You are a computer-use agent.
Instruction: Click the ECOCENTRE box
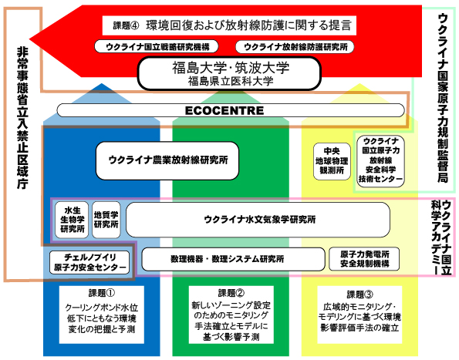pyautogui.click(x=231, y=110)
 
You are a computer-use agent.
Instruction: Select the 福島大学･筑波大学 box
pyautogui.click(x=229, y=73)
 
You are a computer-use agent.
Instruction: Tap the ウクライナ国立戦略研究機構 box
pyautogui.click(x=157, y=46)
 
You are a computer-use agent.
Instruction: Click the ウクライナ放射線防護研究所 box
pyautogui.click(x=295, y=46)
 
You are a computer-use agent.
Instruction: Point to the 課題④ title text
pyautogui.click(x=229, y=25)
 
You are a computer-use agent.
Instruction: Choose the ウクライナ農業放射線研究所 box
pyautogui.click(x=167, y=160)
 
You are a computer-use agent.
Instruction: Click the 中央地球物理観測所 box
pyautogui.click(x=332, y=161)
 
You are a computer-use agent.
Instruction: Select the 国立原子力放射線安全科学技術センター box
pyautogui.click(x=380, y=161)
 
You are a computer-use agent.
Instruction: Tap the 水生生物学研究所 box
pyautogui.click(x=72, y=220)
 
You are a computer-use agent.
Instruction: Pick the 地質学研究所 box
pyautogui.click(x=106, y=220)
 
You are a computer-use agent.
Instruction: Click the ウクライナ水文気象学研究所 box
pyautogui.click(x=258, y=220)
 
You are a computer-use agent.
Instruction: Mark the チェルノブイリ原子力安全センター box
pyautogui.click(x=89, y=262)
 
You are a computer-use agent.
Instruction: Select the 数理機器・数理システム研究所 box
pyautogui.click(x=233, y=259)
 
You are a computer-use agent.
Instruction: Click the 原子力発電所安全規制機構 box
pyautogui.click(x=364, y=259)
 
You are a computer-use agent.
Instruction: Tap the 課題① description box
pyautogui.click(x=102, y=315)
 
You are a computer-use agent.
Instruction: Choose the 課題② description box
pyautogui.click(x=231, y=315)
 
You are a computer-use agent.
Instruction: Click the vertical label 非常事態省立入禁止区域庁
pyautogui.click(x=22, y=118)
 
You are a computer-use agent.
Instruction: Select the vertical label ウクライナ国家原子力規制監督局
pyautogui.click(x=443, y=99)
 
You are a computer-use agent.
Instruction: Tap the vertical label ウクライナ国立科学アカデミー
pyautogui.click(x=441, y=237)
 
